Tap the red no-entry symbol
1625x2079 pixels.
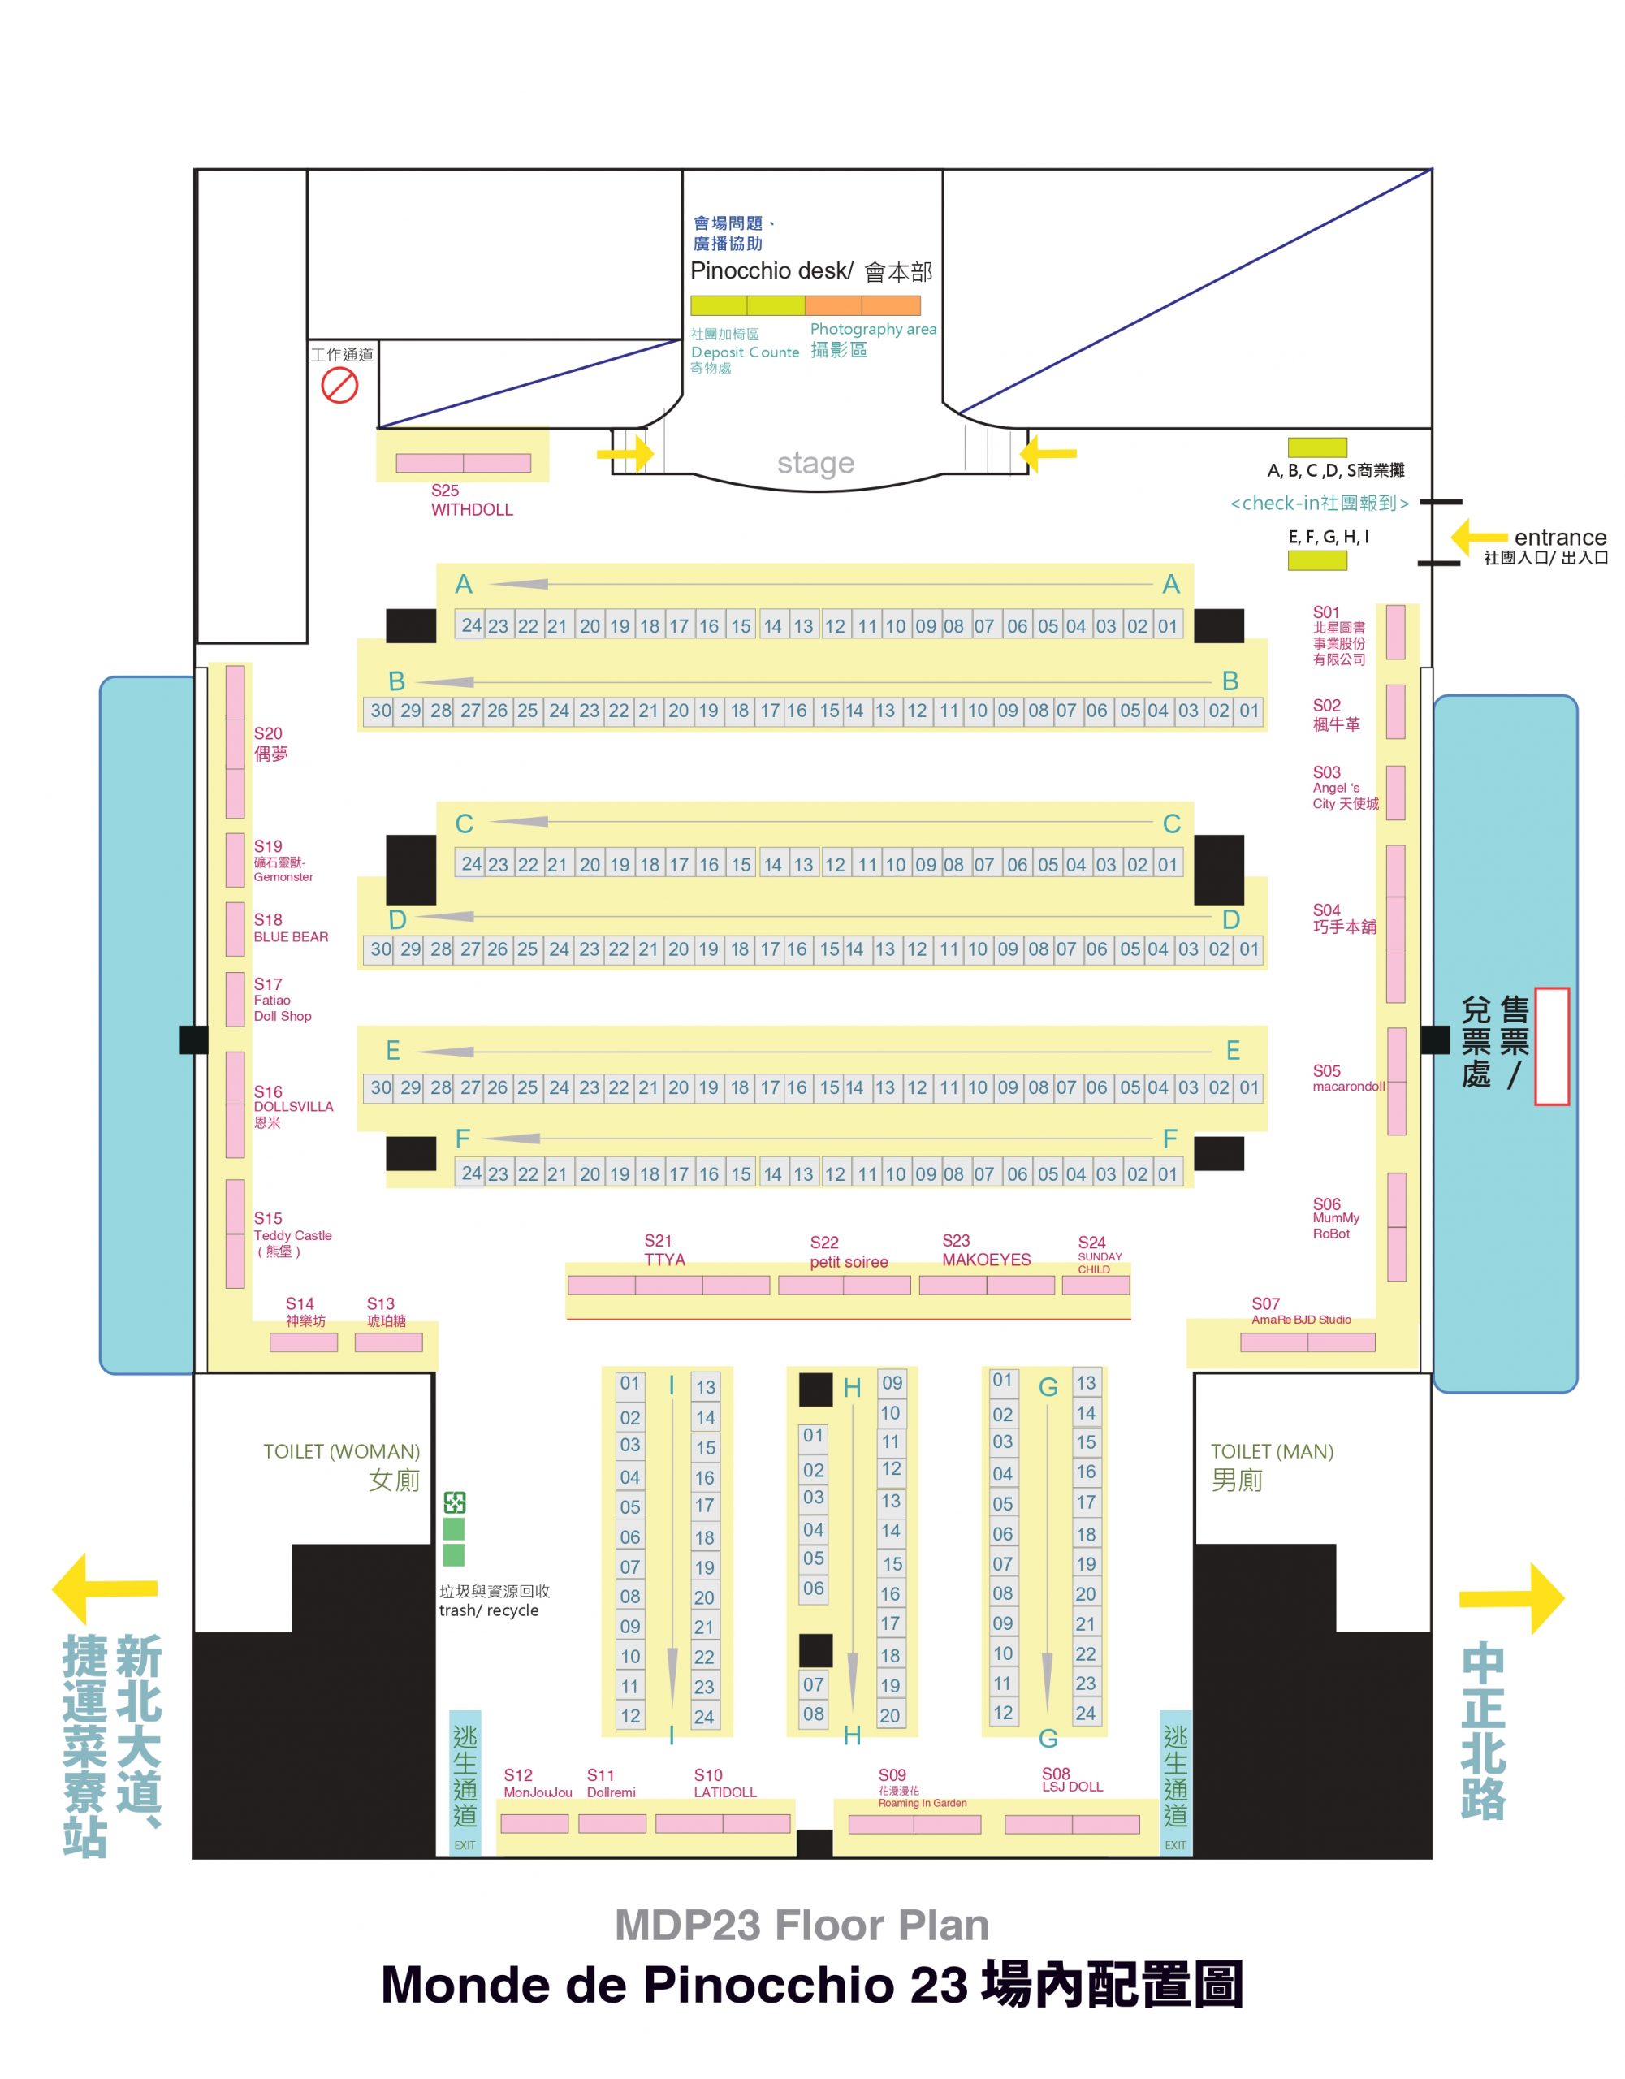[x=339, y=386]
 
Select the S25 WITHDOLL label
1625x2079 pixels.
[x=471, y=499]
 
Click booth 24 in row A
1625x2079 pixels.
[x=471, y=625]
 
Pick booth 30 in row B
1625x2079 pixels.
[x=380, y=710]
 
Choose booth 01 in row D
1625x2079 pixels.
[x=1249, y=949]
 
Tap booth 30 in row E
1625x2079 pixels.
[x=380, y=1087]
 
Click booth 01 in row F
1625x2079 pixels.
[x=1167, y=1173]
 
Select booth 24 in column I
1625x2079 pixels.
[x=704, y=1716]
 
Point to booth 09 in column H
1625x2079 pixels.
[x=892, y=1382]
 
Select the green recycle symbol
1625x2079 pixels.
[x=454, y=1502]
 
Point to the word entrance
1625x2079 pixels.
[x=1560, y=537]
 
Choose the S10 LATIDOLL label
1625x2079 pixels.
[x=724, y=1783]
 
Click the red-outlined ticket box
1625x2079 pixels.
[x=1552, y=1046]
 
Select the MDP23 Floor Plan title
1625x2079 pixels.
[x=802, y=1925]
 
